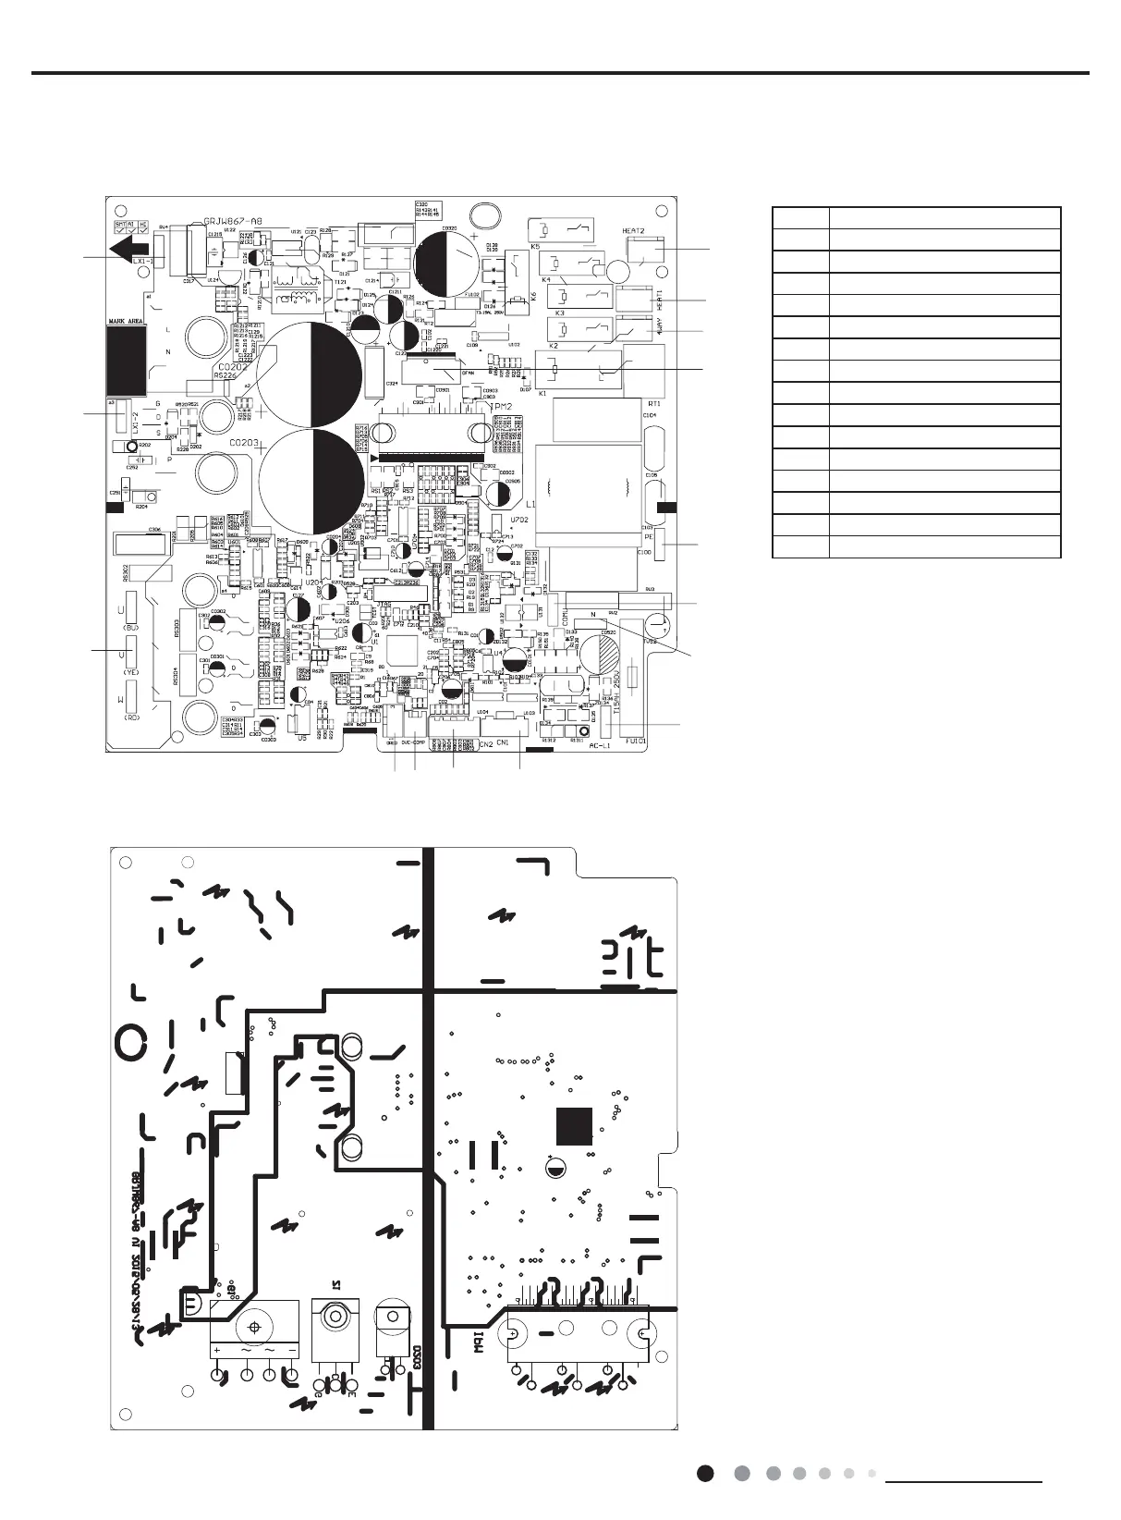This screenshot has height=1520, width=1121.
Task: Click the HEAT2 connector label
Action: pyautogui.click(x=645, y=232)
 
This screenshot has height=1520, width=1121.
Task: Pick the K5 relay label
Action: pyautogui.click(x=534, y=248)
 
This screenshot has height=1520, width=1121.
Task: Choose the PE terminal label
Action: pyautogui.click(x=648, y=536)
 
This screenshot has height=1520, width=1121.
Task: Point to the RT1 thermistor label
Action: pyautogui.click(x=655, y=403)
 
